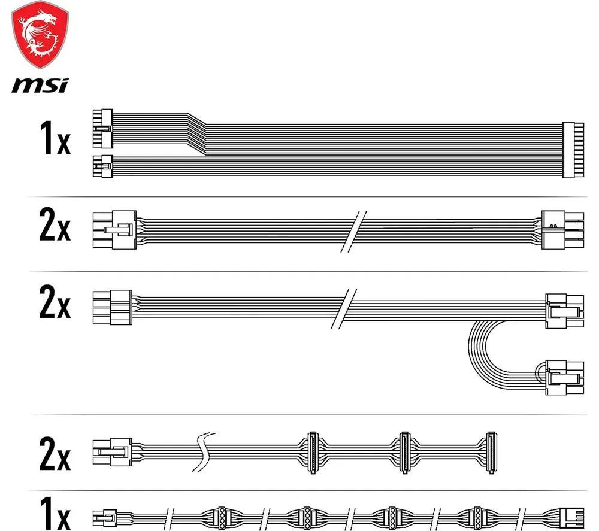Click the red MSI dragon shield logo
[40, 35]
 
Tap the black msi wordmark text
[40, 86]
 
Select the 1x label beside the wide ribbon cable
[55, 138]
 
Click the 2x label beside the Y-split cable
[55, 302]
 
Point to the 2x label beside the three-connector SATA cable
[55, 454]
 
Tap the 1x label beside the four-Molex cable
[55, 514]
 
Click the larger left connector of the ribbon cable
[102, 129]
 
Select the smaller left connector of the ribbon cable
[102, 166]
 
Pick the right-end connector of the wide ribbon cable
[573, 150]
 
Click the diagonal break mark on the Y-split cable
[343, 309]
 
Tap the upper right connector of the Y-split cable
[565, 311]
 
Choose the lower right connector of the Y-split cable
[565, 377]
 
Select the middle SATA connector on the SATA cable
[404, 453]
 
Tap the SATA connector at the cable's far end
[491, 453]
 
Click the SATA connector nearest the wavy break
[313, 453]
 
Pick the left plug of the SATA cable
[113, 452]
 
